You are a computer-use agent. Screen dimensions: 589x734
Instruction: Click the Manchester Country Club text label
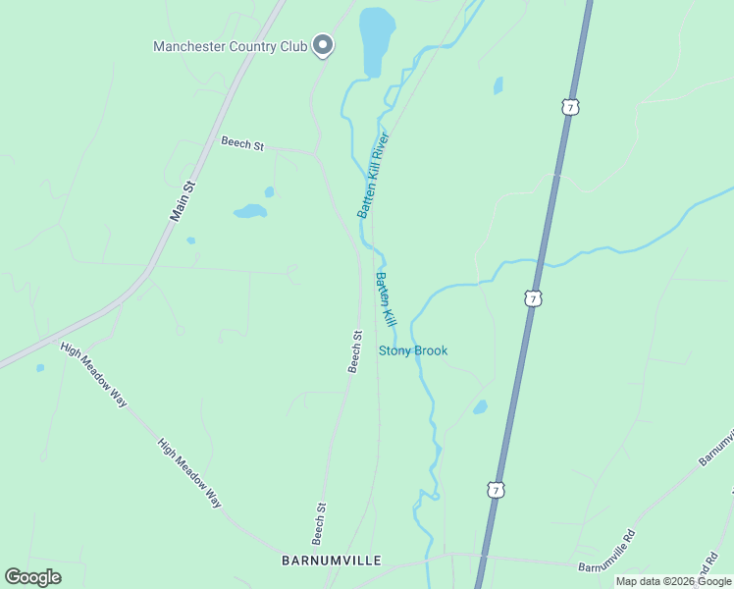(x=230, y=46)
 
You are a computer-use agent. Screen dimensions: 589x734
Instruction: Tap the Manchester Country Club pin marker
(x=323, y=44)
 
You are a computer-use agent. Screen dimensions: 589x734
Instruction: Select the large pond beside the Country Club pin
(x=376, y=39)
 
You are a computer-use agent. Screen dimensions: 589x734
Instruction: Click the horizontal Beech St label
(x=242, y=144)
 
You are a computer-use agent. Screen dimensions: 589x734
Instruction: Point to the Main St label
(x=183, y=199)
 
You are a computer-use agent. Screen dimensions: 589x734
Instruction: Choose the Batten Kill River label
(x=373, y=174)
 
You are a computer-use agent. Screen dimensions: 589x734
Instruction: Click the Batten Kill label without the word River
(x=385, y=299)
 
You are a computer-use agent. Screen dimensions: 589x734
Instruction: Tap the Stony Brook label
(x=413, y=350)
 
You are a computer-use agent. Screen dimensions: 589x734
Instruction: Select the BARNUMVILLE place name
(x=331, y=561)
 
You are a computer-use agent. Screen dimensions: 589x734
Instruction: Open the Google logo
(x=32, y=577)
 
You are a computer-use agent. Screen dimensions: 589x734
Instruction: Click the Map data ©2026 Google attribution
(x=674, y=581)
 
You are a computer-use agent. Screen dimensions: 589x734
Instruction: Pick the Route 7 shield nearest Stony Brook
(x=532, y=297)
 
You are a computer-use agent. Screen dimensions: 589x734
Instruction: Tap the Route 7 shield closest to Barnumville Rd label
(x=497, y=489)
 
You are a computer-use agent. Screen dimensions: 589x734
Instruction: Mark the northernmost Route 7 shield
(x=569, y=106)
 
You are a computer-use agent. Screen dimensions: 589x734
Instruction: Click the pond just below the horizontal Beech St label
(x=250, y=210)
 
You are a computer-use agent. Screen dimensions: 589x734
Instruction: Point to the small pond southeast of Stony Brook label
(x=480, y=406)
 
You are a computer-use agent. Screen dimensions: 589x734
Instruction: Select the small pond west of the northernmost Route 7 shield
(x=498, y=85)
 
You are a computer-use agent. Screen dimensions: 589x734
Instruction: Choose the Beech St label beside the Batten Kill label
(x=355, y=351)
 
